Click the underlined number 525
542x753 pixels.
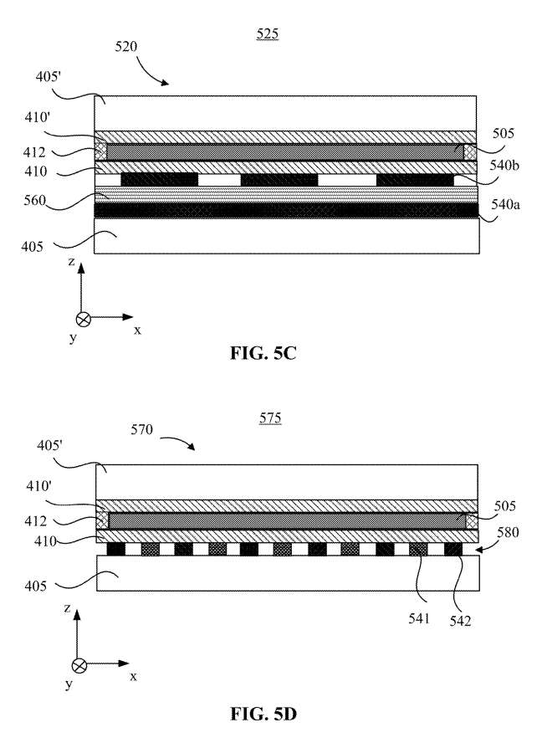pyautogui.click(x=268, y=34)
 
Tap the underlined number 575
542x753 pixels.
pyautogui.click(x=270, y=418)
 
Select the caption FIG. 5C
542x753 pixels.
pyautogui.click(x=263, y=353)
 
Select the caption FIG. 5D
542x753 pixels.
pyautogui.click(x=263, y=715)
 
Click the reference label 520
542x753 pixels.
pyautogui.click(x=125, y=47)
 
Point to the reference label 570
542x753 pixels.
pyautogui.click(x=141, y=429)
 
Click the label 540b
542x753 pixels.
pyautogui.click(x=504, y=166)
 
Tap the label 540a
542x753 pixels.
pyautogui.click(x=505, y=205)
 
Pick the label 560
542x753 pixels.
pyautogui.click(x=35, y=200)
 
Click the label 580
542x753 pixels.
pyautogui.click(x=508, y=532)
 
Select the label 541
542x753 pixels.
pyautogui.click(x=419, y=618)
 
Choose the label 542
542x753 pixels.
pyautogui.click(x=460, y=621)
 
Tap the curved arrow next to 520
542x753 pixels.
pyautogui.click(x=151, y=72)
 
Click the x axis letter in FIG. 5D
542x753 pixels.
pyautogui.click(x=134, y=677)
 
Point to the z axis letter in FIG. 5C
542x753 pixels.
pyautogui.click(x=72, y=262)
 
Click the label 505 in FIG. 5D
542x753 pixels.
pyautogui.click(x=505, y=506)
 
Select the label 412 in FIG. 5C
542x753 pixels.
pyautogui.click(x=34, y=153)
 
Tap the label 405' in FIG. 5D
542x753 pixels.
pyautogui.click(x=50, y=446)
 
